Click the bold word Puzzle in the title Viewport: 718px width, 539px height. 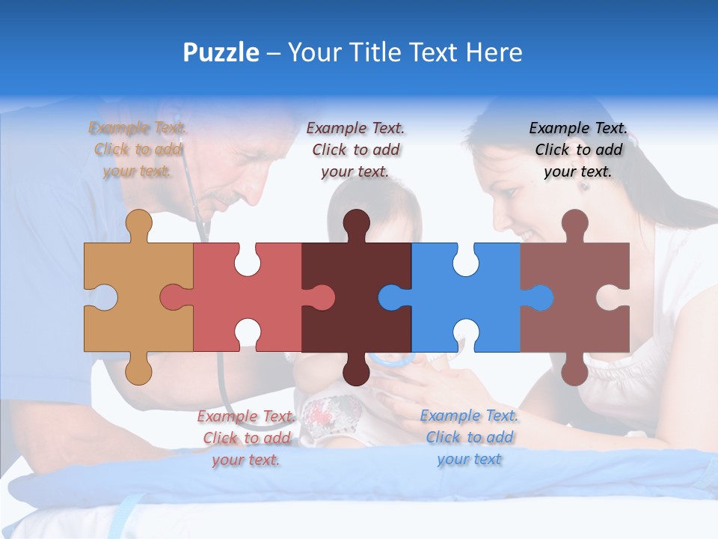pyautogui.click(x=221, y=53)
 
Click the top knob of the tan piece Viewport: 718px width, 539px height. pyautogui.click(x=139, y=223)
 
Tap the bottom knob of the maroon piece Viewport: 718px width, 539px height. pyautogui.click(x=356, y=370)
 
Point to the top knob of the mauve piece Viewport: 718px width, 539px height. pyautogui.click(x=574, y=223)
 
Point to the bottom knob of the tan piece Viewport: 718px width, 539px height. pyautogui.click(x=139, y=370)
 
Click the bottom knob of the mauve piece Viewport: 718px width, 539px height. pyautogui.click(x=574, y=370)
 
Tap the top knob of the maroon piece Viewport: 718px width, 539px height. pyautogui.click(x=356, y=223)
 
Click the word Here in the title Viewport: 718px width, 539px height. pyautogui.click(x=494, y=53)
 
